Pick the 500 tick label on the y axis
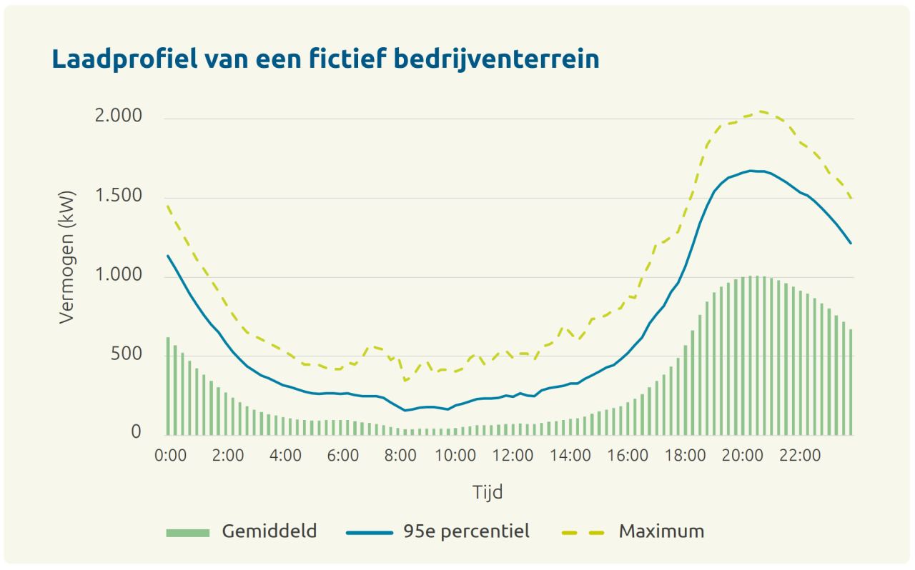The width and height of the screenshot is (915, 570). click(x=127, y=354)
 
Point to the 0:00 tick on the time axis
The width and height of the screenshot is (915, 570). click(x=170, y=456)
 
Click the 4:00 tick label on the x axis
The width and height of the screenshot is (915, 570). click(x=285, y=456)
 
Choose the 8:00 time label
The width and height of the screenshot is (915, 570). click(x=399, y=456)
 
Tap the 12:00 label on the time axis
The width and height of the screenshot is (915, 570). click(x=513, y=456)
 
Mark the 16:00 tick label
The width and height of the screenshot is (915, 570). click(x=628, y=456)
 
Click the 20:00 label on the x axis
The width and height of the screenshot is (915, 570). click(x=742, y=456)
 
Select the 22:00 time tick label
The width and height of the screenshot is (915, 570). click(x=799, y=456)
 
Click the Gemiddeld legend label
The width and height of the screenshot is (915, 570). click(x=269, y=531)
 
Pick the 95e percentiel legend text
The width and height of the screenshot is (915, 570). click(x=466, y=531)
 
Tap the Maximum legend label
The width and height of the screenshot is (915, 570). click(x=661, y=531)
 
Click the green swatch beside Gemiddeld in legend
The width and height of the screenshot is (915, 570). click(x=188, y=532)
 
